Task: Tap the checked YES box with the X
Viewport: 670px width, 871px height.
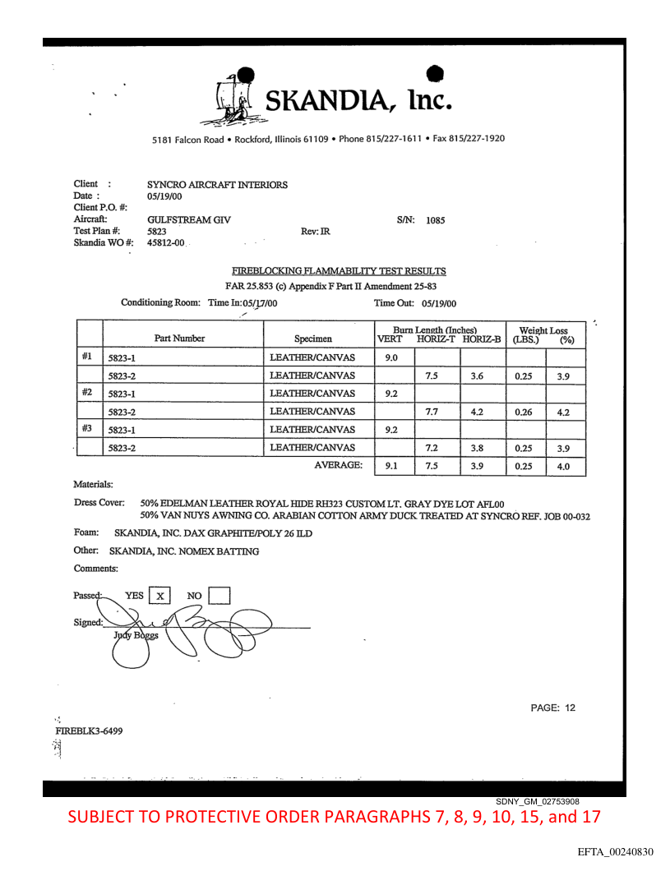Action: tap(162, 595)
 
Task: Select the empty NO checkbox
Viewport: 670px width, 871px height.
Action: tap(219, 595)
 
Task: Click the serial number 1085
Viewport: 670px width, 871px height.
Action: tap(436, 220)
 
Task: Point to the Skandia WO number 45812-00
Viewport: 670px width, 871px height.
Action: tap(166, 243)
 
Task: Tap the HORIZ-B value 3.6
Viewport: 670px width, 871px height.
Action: tap(483, 376)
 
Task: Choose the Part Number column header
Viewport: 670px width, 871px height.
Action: tap(180, 338)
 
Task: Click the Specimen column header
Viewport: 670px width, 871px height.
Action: tap(312, 338)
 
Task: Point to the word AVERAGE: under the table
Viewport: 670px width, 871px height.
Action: tap(339, 465)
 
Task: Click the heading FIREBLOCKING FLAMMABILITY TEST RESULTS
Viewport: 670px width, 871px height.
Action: tap(339, 270)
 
